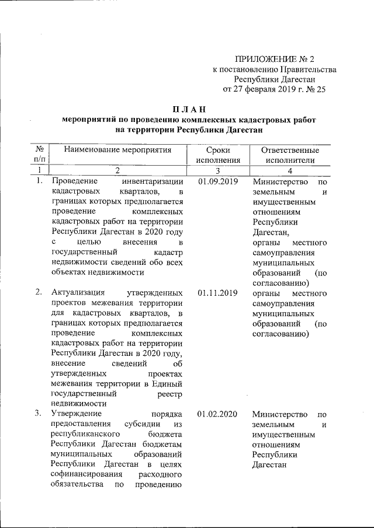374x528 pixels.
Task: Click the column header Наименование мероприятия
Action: (117, 150)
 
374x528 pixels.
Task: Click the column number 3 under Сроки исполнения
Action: (218, 170)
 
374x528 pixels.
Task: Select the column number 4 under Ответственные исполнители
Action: (290, 170)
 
